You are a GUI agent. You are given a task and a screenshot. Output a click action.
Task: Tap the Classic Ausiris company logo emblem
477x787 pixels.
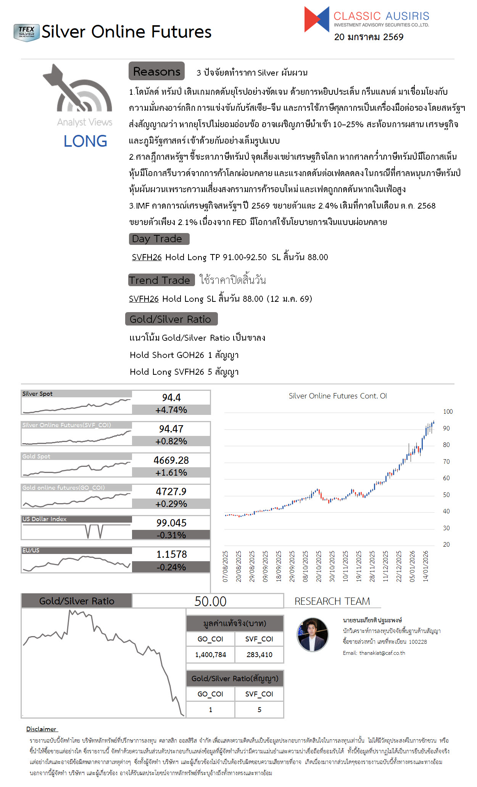[316, 19]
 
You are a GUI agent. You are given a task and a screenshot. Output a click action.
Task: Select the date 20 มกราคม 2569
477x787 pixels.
[369, 37]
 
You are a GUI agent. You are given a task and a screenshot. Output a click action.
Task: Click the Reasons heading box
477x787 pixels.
[156, 71]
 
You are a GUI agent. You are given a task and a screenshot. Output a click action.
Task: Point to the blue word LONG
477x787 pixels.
[85, 141]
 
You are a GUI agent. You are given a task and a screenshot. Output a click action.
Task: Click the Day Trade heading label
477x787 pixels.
[159, 239]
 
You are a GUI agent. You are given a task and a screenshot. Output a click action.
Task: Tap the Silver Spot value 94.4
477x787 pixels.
[171, 398]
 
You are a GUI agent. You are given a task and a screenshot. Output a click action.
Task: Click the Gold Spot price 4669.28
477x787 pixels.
[171, 460]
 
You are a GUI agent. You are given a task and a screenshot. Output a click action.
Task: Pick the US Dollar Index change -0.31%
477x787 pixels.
[171, 535]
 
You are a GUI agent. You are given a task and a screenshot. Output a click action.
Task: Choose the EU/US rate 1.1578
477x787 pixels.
[171, 554]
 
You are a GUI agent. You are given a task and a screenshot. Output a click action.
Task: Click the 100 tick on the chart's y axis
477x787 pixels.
[448, 411]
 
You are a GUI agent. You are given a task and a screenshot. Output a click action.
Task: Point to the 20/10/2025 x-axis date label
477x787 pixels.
[319, 566]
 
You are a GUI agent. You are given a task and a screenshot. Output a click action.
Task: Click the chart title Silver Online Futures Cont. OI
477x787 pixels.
[338, 396]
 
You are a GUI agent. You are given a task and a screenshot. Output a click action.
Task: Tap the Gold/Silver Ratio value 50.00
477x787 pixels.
[210, 601]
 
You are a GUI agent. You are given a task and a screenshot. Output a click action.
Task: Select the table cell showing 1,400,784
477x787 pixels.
[211, 655]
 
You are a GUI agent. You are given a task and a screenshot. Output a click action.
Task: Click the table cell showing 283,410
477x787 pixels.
[259, 655]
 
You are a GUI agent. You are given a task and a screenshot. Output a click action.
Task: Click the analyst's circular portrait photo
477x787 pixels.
[313, 635]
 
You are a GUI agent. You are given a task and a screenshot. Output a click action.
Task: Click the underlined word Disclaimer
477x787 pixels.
[41, 729]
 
